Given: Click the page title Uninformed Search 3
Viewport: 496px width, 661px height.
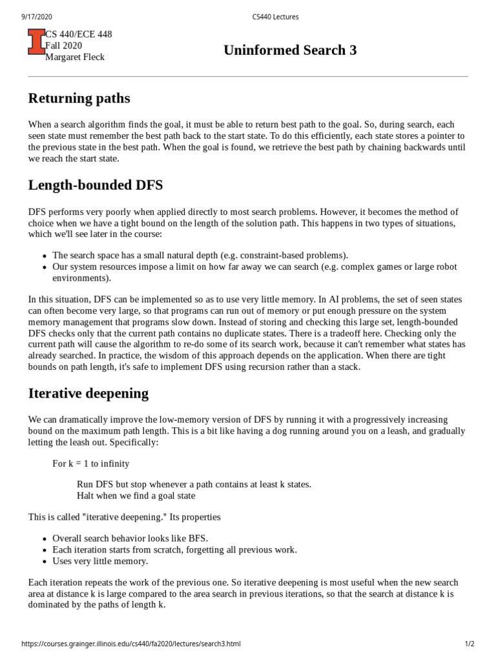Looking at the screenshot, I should (290, 50).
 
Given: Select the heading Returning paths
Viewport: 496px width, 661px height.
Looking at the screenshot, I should (79, 98).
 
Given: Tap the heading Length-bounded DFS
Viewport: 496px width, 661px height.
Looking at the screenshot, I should (96, 185).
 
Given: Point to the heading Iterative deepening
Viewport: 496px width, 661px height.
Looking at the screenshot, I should (88, 393).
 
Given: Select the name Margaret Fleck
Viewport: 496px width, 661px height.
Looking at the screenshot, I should (74, 57).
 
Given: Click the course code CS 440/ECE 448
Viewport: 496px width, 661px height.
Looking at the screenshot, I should (78, 34).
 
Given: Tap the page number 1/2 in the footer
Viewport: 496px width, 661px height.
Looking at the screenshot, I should (470, 644).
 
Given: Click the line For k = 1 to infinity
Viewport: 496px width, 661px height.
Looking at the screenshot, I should (90, 463).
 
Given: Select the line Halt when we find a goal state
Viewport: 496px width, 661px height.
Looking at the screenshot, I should (136, 496).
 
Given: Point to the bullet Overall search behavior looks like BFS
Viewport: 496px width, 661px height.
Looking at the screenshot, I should (130, 538).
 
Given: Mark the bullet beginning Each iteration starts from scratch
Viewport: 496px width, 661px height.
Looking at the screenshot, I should (174, 550).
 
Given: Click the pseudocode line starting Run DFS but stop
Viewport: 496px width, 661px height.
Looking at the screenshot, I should (194, 484).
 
